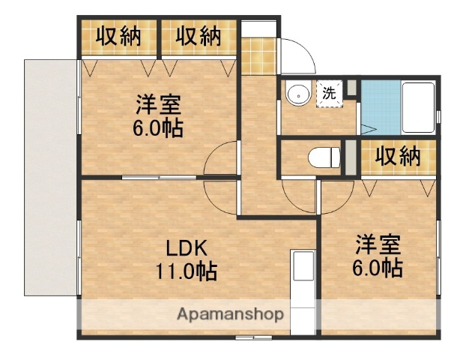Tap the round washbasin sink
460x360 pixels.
pos(297,94)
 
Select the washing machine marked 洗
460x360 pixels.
pos(329,94)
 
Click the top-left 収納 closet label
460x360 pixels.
pos(118,35)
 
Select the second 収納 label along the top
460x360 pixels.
pos(199,35)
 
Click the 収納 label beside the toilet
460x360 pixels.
pos(397,157)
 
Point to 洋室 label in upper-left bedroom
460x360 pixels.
pos(157,103)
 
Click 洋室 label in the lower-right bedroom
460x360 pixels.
pos(378,245)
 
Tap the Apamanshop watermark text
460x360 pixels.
pos(230,314)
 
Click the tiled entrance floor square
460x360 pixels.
pos(258,55)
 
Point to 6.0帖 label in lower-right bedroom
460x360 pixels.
pos(378,267)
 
